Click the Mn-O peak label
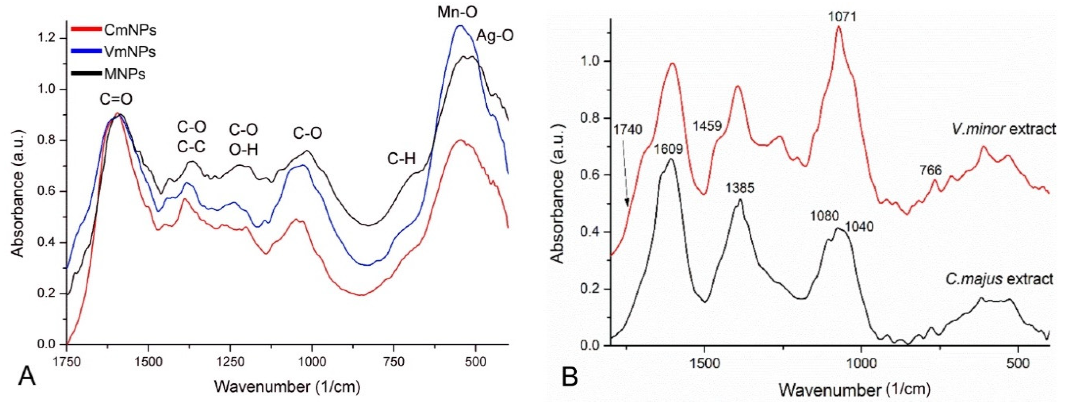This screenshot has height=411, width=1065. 457,13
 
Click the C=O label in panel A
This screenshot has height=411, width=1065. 116,100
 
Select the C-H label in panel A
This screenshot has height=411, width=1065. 401,159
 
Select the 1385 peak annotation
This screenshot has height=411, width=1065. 740,188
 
